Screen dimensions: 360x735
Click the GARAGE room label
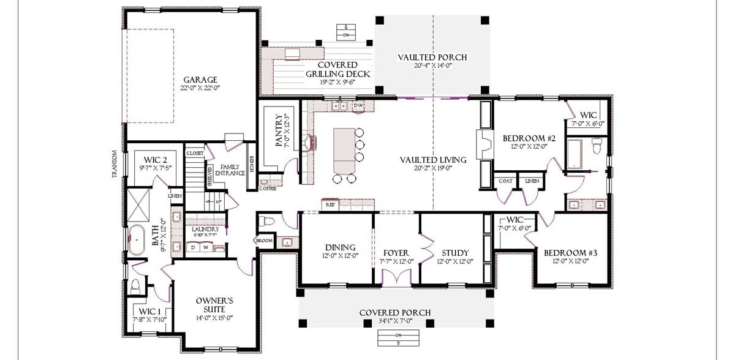pyautogui.click(x=200, y=80)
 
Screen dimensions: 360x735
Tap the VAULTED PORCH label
pyautogui.click(x=432, y=57)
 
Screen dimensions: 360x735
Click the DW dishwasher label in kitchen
pyautogui.click(x=358, y=106)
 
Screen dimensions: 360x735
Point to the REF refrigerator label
pyautogui.click(x=330, y=204)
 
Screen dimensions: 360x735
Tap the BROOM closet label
pyautogui.click(x=264, y=241)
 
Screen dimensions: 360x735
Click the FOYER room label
pyautogui.click(x=396, y=253)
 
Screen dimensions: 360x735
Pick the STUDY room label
pyautogui.click(x=454, y=253)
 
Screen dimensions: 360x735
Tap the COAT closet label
pyautogui.click(x=505, y=181)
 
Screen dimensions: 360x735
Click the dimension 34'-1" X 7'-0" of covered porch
pyautogui.click(x=394, y=321)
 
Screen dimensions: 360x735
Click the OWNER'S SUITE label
pyautogui.click(x=214, y=305)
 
